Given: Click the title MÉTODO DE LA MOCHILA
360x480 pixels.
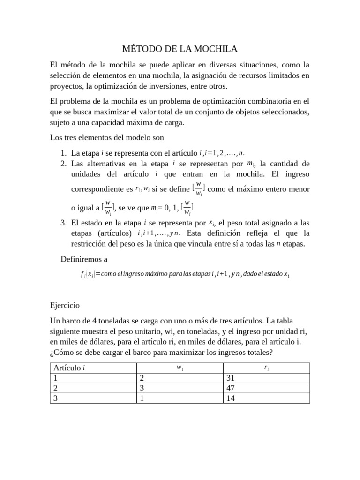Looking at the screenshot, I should click(180, 49).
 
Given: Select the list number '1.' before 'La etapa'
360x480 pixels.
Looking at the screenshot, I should click(64, 153).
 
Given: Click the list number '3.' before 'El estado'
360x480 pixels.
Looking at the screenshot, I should click(64, 223).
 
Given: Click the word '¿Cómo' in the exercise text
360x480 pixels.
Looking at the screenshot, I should click(61, 352).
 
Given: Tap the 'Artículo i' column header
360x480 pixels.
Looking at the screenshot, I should click(69, 368).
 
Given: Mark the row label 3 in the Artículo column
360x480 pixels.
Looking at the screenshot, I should click(56, 398).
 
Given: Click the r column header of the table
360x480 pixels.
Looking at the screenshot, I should click(266, 368).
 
